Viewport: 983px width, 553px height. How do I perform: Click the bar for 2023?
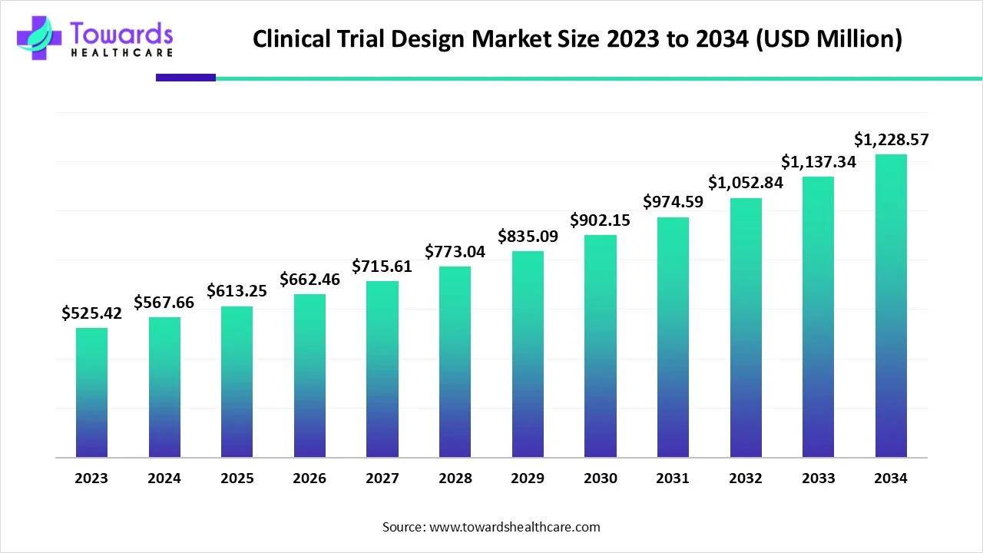[91, 392]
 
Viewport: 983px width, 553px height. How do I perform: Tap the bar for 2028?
[455, 362]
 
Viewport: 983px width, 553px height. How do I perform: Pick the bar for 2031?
[673, 337]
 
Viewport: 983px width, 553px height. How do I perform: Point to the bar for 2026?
[309, 376]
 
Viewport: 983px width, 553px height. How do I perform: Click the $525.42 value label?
[92, 313]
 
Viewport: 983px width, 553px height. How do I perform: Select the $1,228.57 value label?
[891, 140]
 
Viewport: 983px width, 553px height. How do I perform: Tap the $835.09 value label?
[528, 237]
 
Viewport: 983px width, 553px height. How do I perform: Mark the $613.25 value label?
[237, 291]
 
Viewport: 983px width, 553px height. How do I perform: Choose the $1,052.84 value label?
[746, 183]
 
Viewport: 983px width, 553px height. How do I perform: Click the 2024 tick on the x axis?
[164, 478]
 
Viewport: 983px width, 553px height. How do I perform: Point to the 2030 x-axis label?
[600, 478]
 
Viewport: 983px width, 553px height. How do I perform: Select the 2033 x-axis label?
[818, 478]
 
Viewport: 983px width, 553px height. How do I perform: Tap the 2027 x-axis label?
[382, 478]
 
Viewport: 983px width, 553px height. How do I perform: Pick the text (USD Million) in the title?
[829, 39]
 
